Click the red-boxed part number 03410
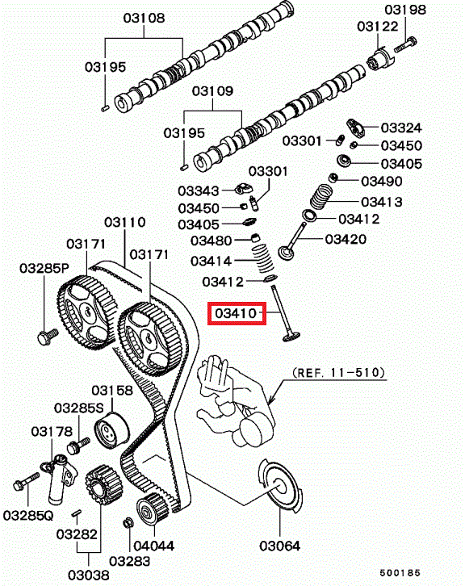coord(236,313)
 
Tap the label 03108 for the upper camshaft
coord(144,18)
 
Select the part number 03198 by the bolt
coord(405,10)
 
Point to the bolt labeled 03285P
coord(48,336)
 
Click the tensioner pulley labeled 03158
coord(111,429)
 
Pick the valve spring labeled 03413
coord(321,197)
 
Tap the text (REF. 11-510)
coord(338,372)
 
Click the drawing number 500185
coord(400,572)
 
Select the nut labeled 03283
coord(128,522)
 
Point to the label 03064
coord(280,546)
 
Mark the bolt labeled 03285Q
coord(26,481)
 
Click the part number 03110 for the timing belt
coord(125,222)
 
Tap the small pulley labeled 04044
coord(153,509)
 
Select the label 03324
coord(401,128)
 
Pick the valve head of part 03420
coord(287,253)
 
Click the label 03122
coord(378,27)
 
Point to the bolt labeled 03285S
coord(78,445)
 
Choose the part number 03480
coord(212,241)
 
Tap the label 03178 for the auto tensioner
coord(52,432)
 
